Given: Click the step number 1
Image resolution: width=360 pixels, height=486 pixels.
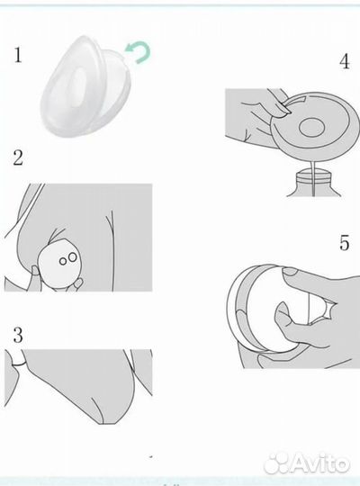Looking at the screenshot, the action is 18,55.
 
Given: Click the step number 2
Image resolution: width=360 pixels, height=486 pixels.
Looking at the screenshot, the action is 18,157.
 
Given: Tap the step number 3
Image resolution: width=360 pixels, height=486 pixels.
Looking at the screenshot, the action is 18,335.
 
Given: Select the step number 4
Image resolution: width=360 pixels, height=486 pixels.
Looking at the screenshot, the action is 345,61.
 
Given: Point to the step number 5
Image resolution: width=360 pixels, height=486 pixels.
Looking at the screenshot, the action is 345,242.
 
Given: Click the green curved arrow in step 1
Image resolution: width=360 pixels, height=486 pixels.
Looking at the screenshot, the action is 139,52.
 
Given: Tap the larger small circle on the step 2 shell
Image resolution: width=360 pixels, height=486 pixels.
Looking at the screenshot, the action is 73,256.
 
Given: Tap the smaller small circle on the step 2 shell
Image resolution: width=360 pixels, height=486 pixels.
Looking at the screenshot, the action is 63,261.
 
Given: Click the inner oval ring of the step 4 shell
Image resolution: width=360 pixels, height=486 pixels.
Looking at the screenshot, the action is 312,127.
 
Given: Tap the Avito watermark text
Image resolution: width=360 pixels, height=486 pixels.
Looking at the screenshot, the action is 320,464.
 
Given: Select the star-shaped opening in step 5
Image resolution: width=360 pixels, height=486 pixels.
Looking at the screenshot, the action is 323,310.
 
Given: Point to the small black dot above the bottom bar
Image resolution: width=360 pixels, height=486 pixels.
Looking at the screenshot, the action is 151,456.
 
